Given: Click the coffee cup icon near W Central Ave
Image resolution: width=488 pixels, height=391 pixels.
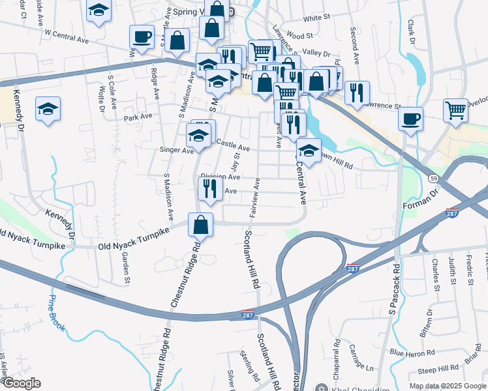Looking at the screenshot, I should point(142,36).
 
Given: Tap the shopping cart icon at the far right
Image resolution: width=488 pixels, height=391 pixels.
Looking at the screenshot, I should point(455,109).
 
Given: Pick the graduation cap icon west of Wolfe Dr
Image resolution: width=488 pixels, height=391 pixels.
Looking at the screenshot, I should point(48,108).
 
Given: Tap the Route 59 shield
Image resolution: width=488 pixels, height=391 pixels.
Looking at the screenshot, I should point(433,177).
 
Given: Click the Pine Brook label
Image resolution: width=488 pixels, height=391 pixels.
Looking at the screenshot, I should point(56,313).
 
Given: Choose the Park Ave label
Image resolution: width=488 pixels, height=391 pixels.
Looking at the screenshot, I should point(138,118).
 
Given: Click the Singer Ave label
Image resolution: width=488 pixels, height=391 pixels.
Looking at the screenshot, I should point(177,150).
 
